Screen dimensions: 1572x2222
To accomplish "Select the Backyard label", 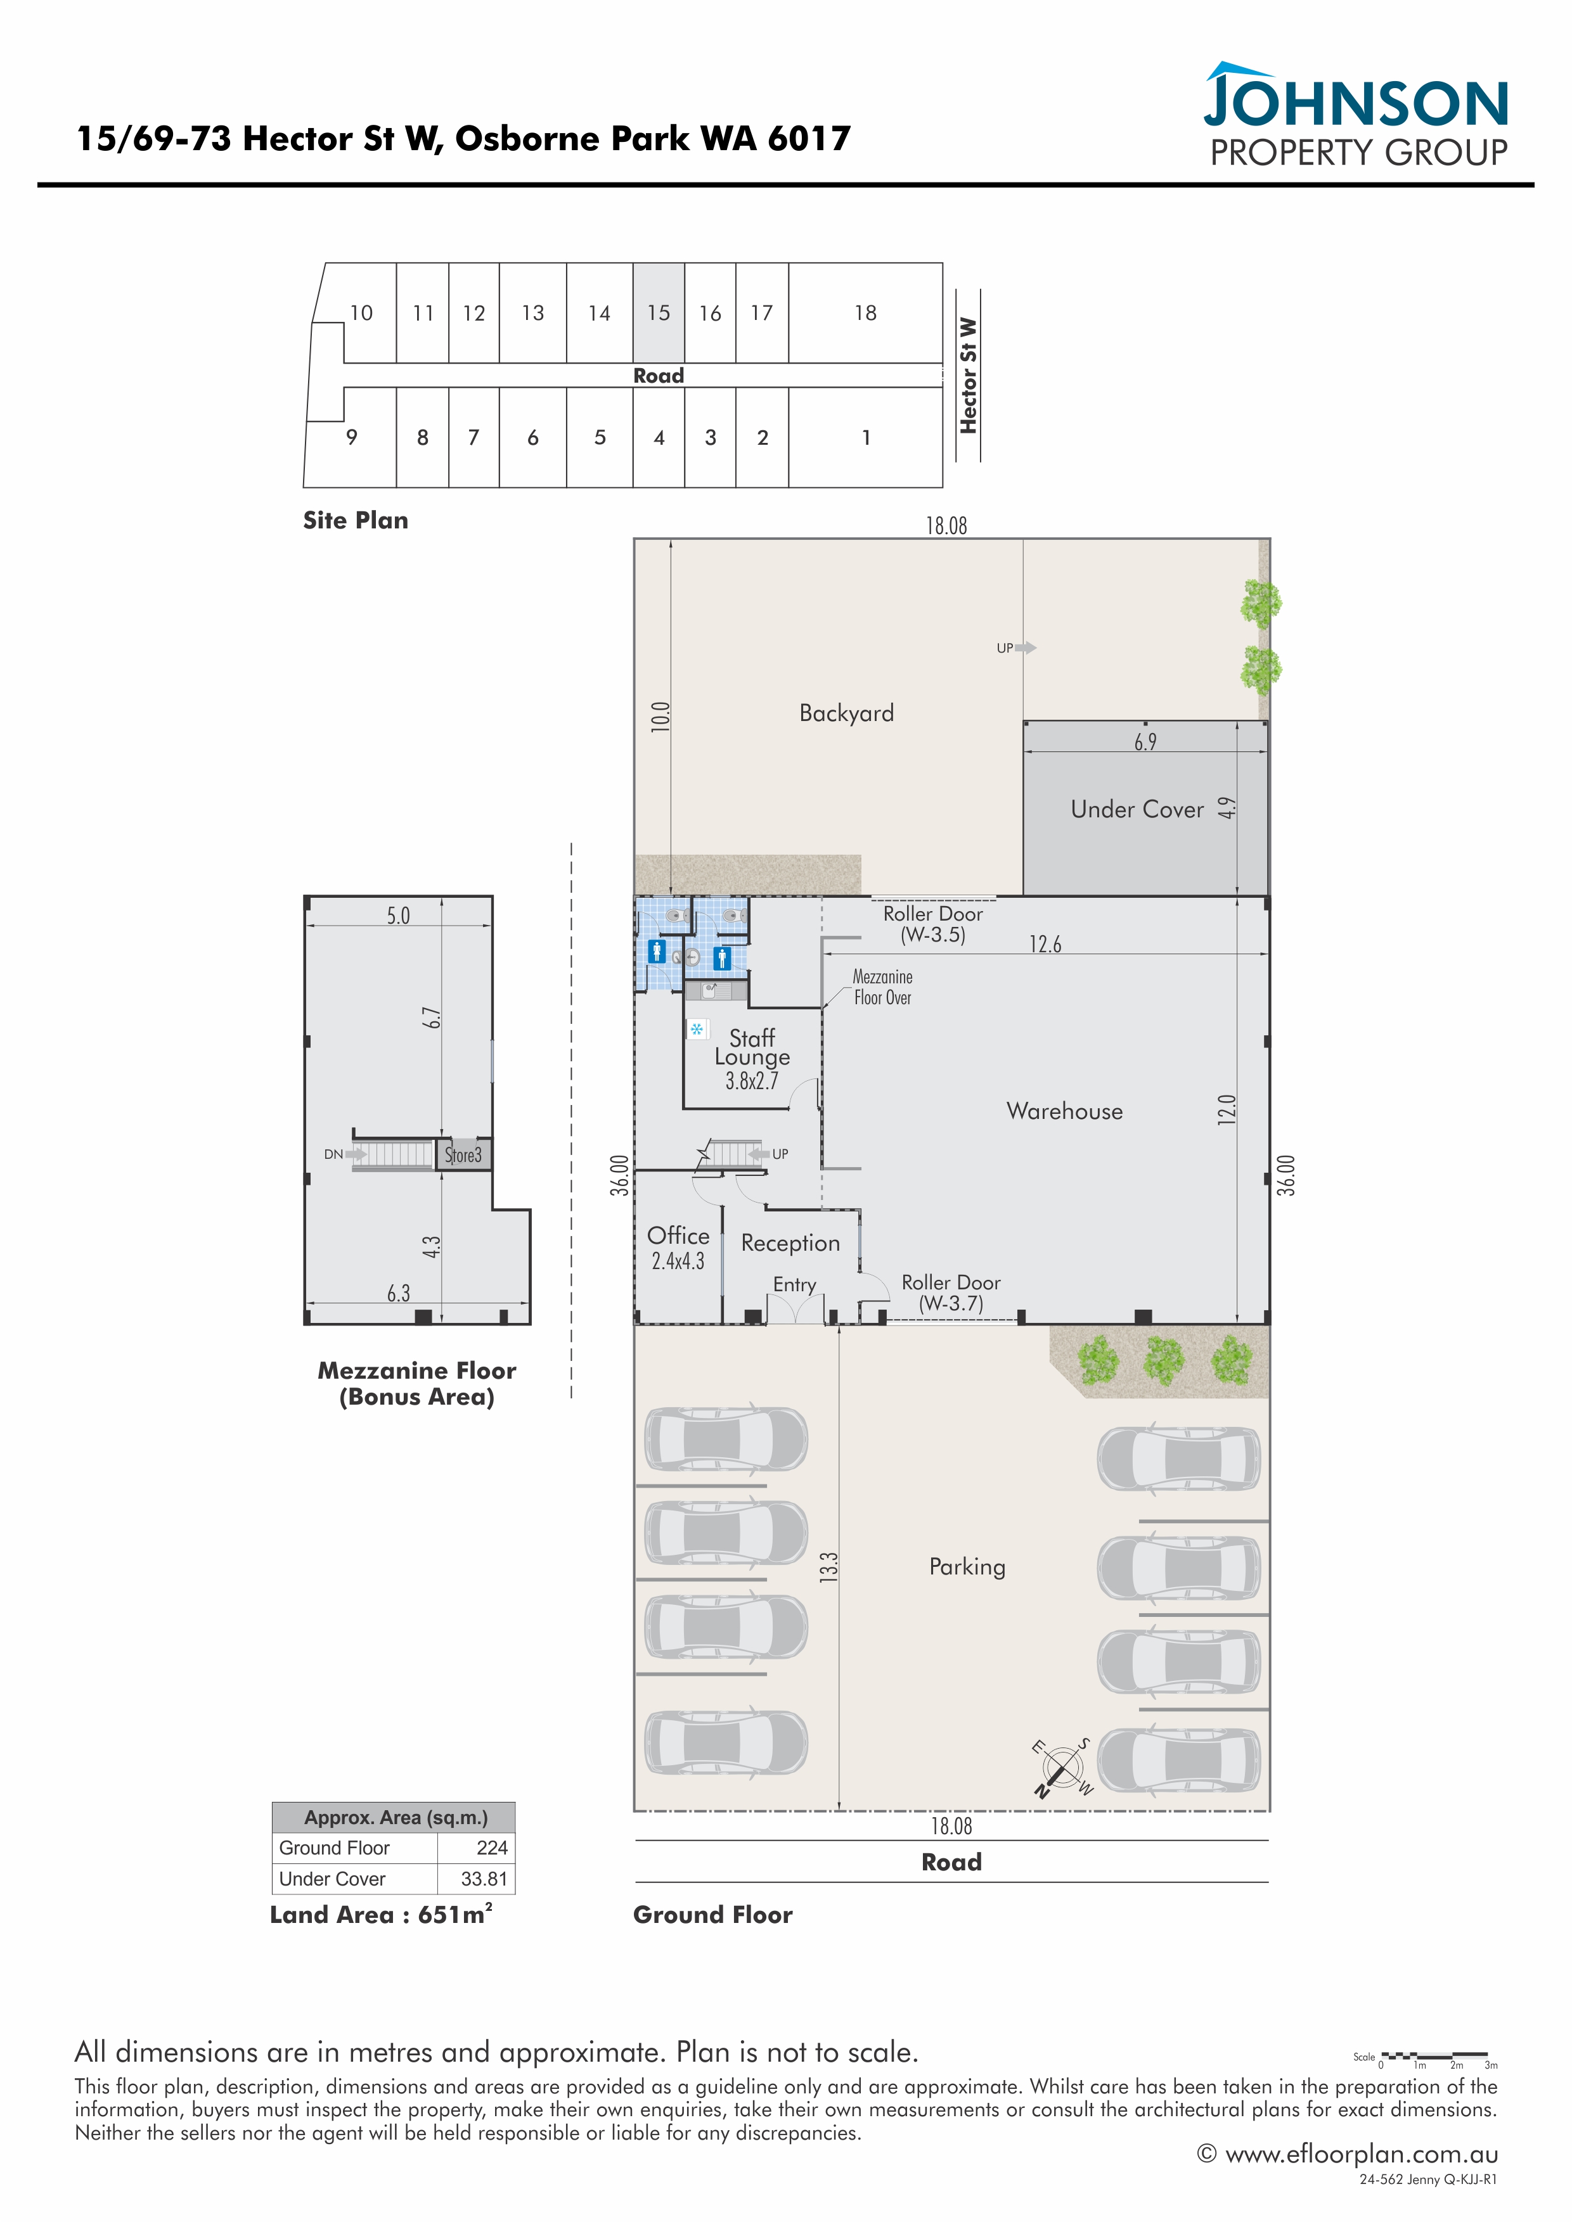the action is click(x=846, y=713).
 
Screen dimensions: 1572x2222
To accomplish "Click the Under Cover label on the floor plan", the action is click(x=1137, y=809).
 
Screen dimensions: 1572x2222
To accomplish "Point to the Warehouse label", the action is click(x=1065, y=1111).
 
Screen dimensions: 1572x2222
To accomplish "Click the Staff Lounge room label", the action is click(x=752, y=1059).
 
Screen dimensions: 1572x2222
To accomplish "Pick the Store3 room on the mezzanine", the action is click(x=463, y=1154).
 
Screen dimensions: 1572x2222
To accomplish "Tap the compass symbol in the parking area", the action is click(x=1062, y=1768).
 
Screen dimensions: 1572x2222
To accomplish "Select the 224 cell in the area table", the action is click(x=492, y=1848).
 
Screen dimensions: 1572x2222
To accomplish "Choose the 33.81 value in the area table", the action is click(x=484, y=1879).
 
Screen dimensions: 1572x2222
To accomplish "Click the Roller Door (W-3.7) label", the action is click(x=951, y=1293).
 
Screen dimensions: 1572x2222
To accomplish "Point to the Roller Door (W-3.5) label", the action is click(x=932, y=924).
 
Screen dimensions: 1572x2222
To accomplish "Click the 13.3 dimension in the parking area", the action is click(x=828, y=1568).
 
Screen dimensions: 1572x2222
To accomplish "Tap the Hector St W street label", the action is click(x=968, y=376).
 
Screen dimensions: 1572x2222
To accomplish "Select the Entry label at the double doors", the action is click(x=794, y=1284).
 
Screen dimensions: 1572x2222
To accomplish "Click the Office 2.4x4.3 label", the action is click(x=678, y=1248).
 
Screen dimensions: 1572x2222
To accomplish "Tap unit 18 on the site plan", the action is click(x=865, y=312).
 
